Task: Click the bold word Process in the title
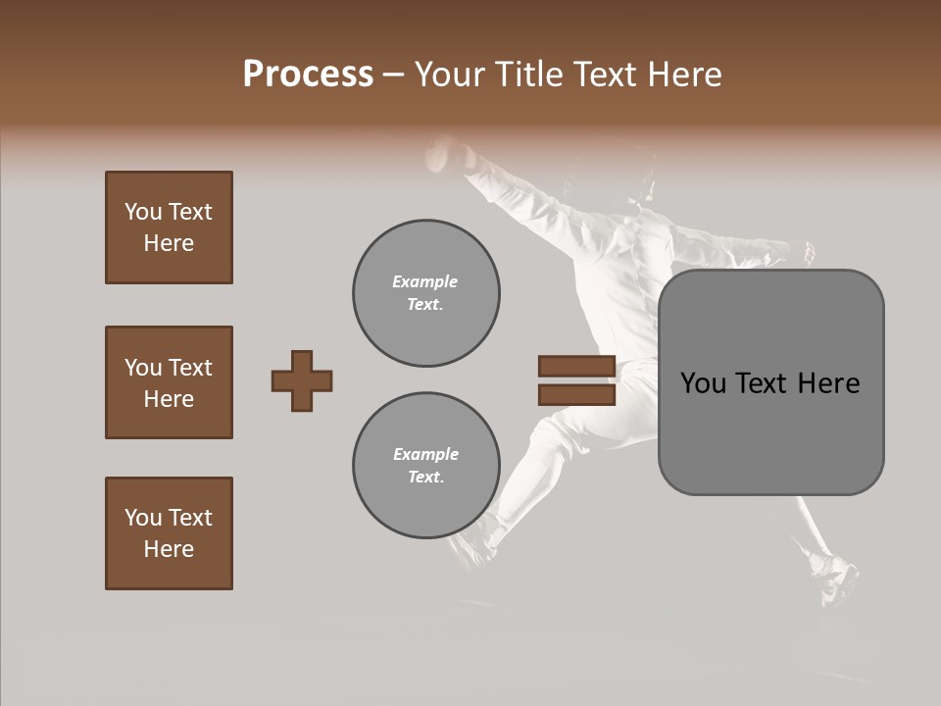(308, 75)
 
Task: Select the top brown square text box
(169, 227)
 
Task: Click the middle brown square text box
(169, 382)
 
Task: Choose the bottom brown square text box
(169, 533)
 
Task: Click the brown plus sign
(302, 380)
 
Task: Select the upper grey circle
(425, 293)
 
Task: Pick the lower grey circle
(425, 466)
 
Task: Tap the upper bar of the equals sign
(576, 367)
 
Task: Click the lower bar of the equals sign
(576, 395)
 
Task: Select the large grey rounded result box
(770, 382)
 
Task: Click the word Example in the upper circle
(425, 281)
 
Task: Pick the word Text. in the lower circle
(425, 478)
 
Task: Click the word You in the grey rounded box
(705, 383)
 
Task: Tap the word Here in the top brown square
(169, 243)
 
